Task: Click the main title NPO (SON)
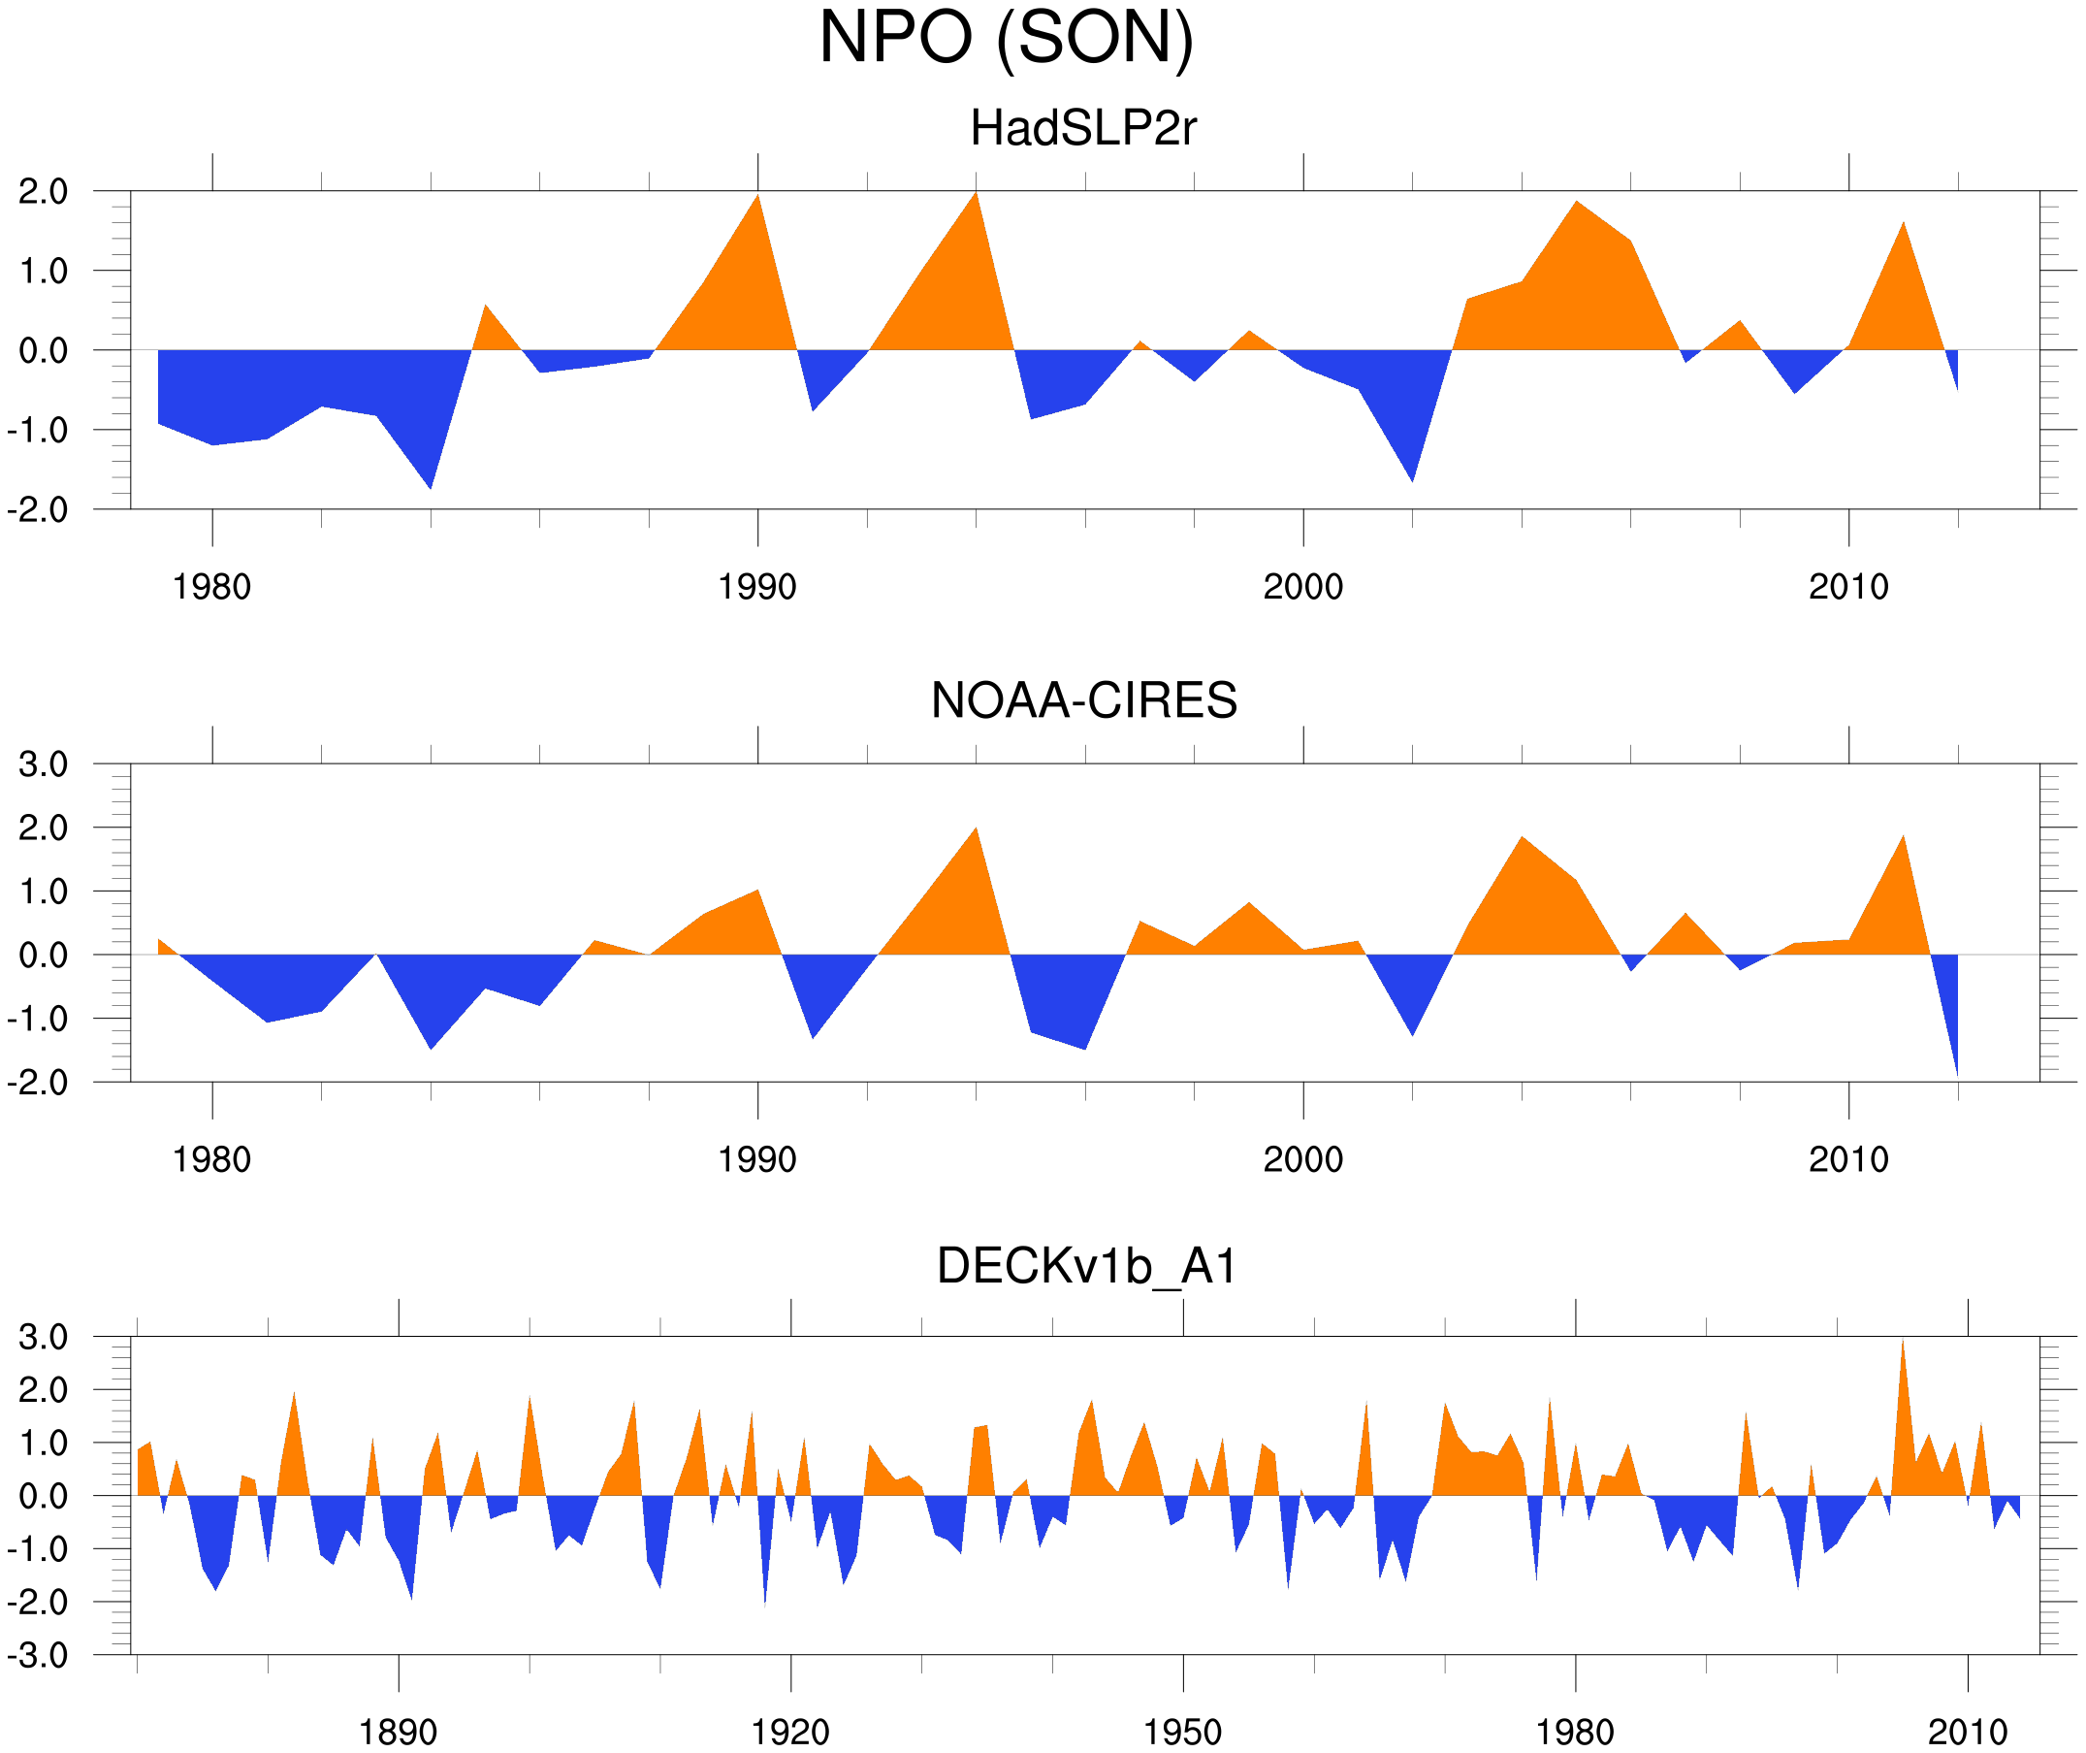[x=1006, y=38]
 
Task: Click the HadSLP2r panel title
[x=1082, y=129]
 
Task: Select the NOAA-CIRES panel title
[x=1083, y=700]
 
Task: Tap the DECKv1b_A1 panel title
[x=1087, y=1267]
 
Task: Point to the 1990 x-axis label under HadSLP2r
[x=757, y=587]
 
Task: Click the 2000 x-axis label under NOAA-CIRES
[x=1302, y=1159]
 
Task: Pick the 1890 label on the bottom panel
[x=398, y=1732]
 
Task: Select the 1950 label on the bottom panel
[x=1182, y=1732]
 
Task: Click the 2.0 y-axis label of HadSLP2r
[x=43, y=192]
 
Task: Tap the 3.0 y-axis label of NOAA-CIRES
[x=43, y=765]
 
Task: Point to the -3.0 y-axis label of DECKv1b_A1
[x=38, y=1656]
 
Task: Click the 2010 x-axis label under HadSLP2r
[x=1847, y=587]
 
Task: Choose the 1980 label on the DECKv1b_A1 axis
[x=1574, y=1732]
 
